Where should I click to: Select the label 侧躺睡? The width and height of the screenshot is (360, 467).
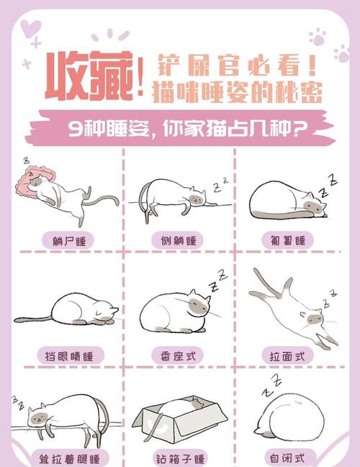[x=178, y=240]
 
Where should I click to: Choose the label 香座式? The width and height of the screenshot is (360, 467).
[x=178, y=355]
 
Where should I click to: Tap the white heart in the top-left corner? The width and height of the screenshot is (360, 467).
[x=30, y=30]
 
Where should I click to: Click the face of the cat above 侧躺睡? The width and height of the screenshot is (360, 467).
[x=195, y=196]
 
